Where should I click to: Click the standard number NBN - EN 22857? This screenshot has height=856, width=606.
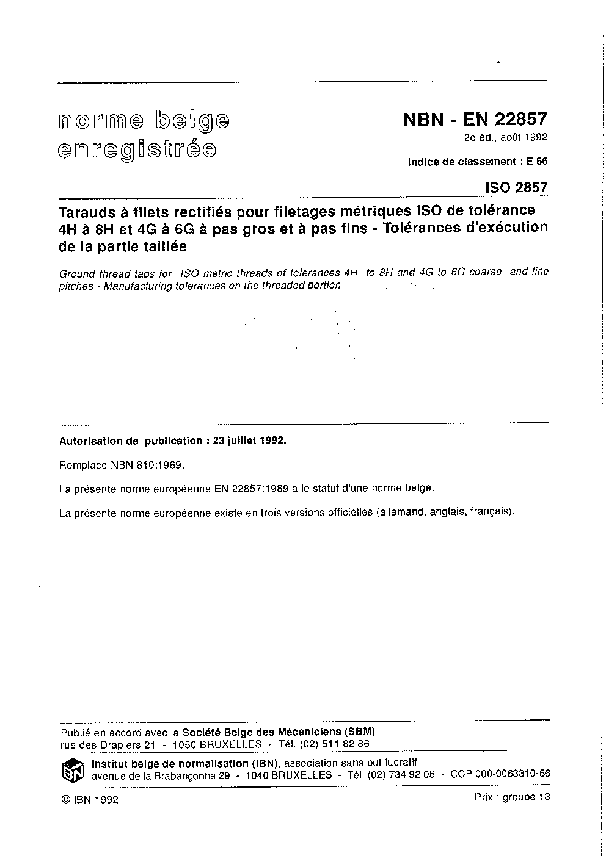(475, 119)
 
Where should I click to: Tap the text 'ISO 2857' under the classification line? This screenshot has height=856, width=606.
(516, 187)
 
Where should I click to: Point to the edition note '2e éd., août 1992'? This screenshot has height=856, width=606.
(505, 137)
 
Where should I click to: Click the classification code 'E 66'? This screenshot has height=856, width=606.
(537, 162)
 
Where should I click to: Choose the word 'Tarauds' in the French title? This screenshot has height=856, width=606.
(83, 211)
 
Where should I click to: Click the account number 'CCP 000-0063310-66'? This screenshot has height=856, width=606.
(500, 774)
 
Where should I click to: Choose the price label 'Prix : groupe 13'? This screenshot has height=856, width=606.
(511, 797)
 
